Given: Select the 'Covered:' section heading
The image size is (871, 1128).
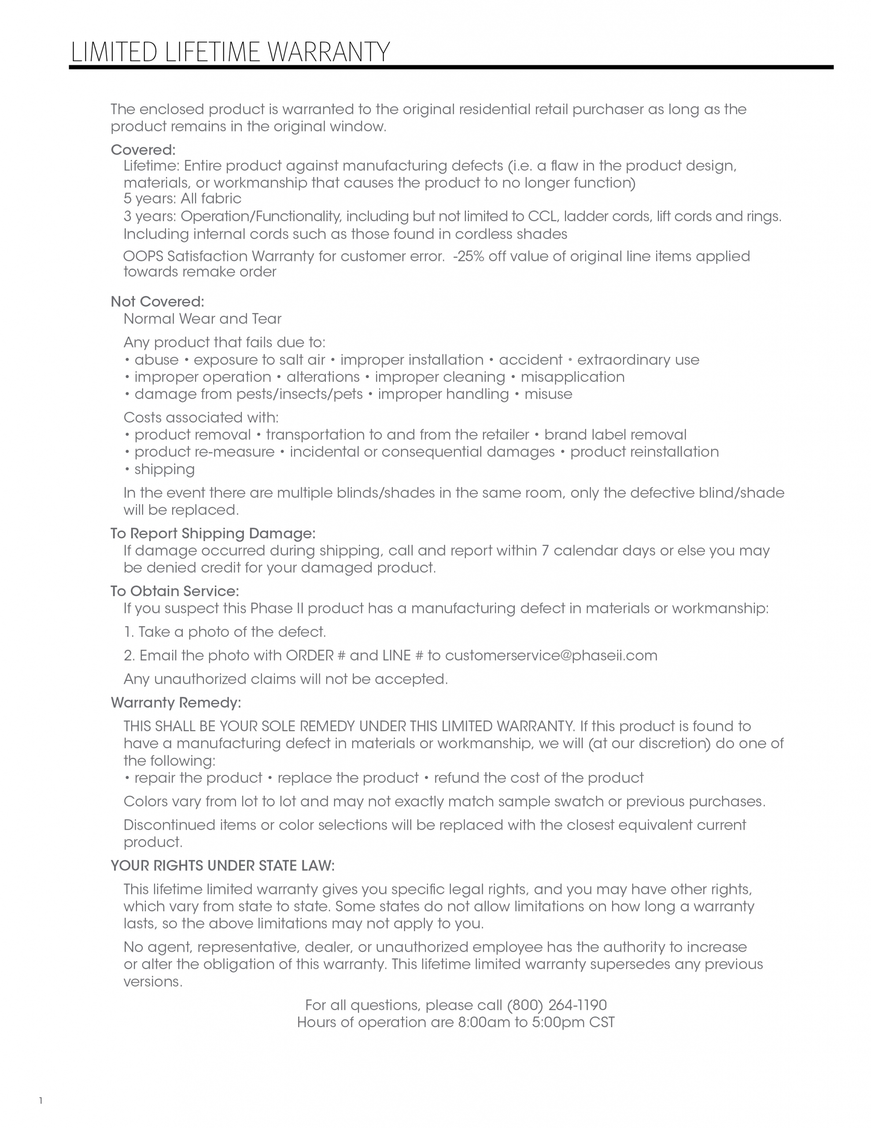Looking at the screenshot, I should point(143,150).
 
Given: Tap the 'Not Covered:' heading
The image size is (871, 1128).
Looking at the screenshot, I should point(158,302).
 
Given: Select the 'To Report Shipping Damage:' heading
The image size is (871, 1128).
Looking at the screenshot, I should point(213,533).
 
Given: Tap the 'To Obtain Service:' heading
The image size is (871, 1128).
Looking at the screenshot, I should point(174,591).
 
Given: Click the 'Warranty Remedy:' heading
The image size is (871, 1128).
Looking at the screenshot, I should point(176,702).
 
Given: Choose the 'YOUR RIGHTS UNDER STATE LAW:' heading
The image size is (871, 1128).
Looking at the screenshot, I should point(222,866).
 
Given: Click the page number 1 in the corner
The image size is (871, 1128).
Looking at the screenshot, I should point(41,1101).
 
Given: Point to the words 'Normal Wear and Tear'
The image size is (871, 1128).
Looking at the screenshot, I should point(203,319).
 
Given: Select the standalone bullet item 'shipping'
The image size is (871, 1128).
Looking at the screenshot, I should point(164,469).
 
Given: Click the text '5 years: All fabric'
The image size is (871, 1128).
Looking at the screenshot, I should point(182,199).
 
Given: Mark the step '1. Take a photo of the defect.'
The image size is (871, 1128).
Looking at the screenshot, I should point(225,632).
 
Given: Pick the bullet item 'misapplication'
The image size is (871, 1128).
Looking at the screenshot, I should point(572,377).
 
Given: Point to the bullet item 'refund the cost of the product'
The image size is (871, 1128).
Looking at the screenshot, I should point(538,778).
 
